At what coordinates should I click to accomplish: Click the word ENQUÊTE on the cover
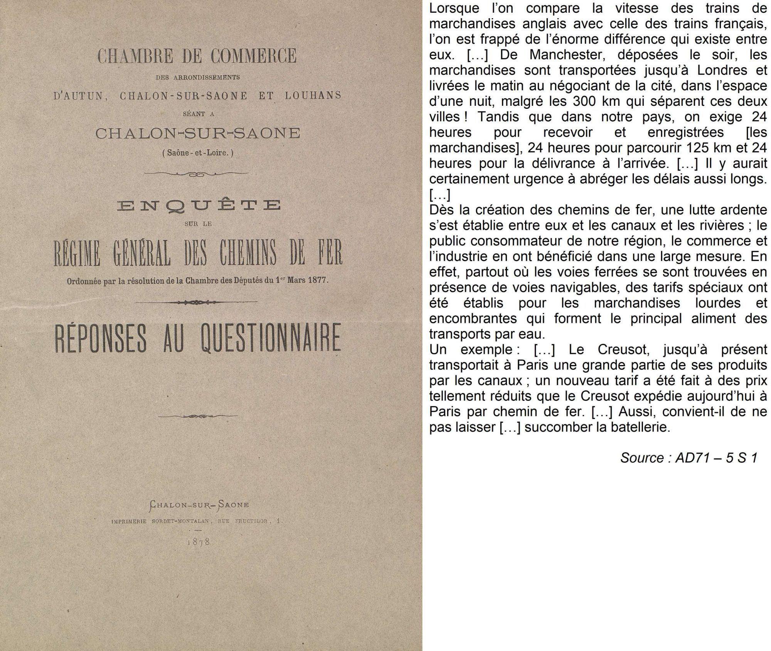tap(199, 205)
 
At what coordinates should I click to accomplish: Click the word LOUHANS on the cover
tap(313, 95)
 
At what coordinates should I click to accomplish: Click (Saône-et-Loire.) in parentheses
tap(198, 153)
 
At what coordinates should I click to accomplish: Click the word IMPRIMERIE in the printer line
tap(129, 521)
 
